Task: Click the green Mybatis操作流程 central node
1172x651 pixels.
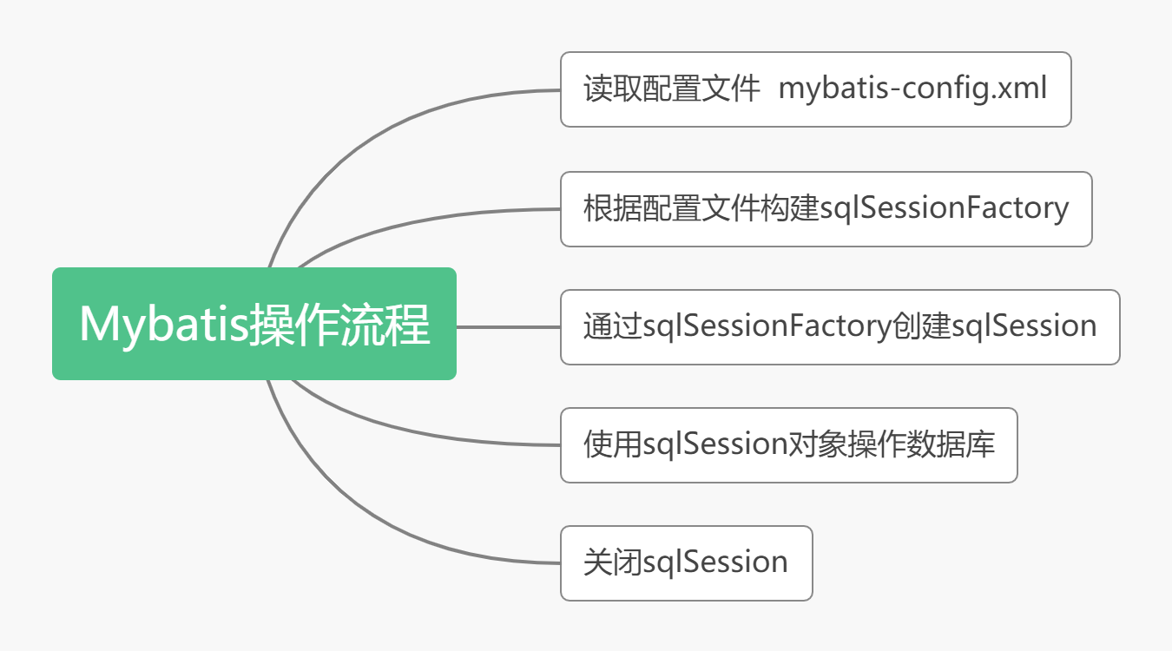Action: tap(253, 324)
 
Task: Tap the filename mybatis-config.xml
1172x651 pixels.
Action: tap(912, 89)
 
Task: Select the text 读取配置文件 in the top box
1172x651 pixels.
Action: tap(672, 89)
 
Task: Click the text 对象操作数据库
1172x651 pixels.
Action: tap(891, 444)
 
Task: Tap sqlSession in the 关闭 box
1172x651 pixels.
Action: tap(715, 562)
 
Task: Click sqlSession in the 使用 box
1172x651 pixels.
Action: tap(715, 444)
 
